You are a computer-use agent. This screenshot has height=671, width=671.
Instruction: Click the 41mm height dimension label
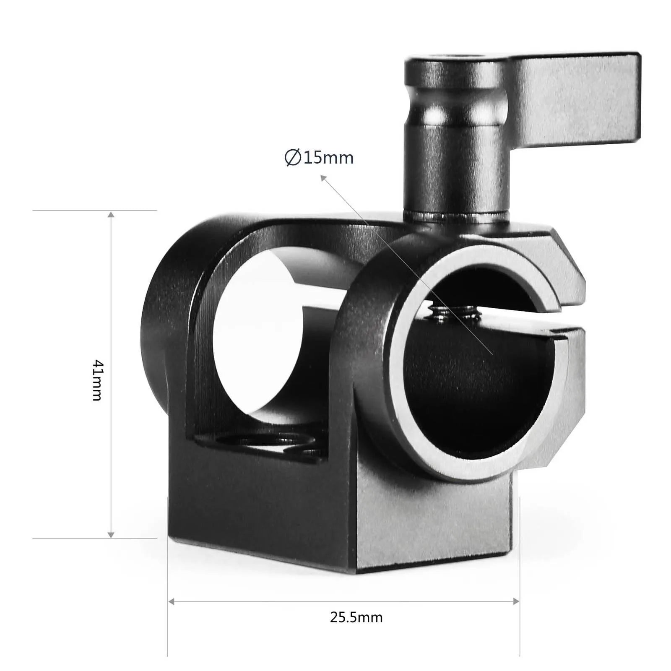[x=97, y=380]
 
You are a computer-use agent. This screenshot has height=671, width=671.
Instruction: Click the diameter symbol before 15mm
[x=292, y=158]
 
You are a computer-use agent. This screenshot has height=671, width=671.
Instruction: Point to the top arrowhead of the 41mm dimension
[x=111, y=215]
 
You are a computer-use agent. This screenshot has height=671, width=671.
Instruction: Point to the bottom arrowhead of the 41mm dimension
[x=111, y=534]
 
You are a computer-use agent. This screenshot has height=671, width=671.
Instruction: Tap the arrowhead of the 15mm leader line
[x=323, y=178]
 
